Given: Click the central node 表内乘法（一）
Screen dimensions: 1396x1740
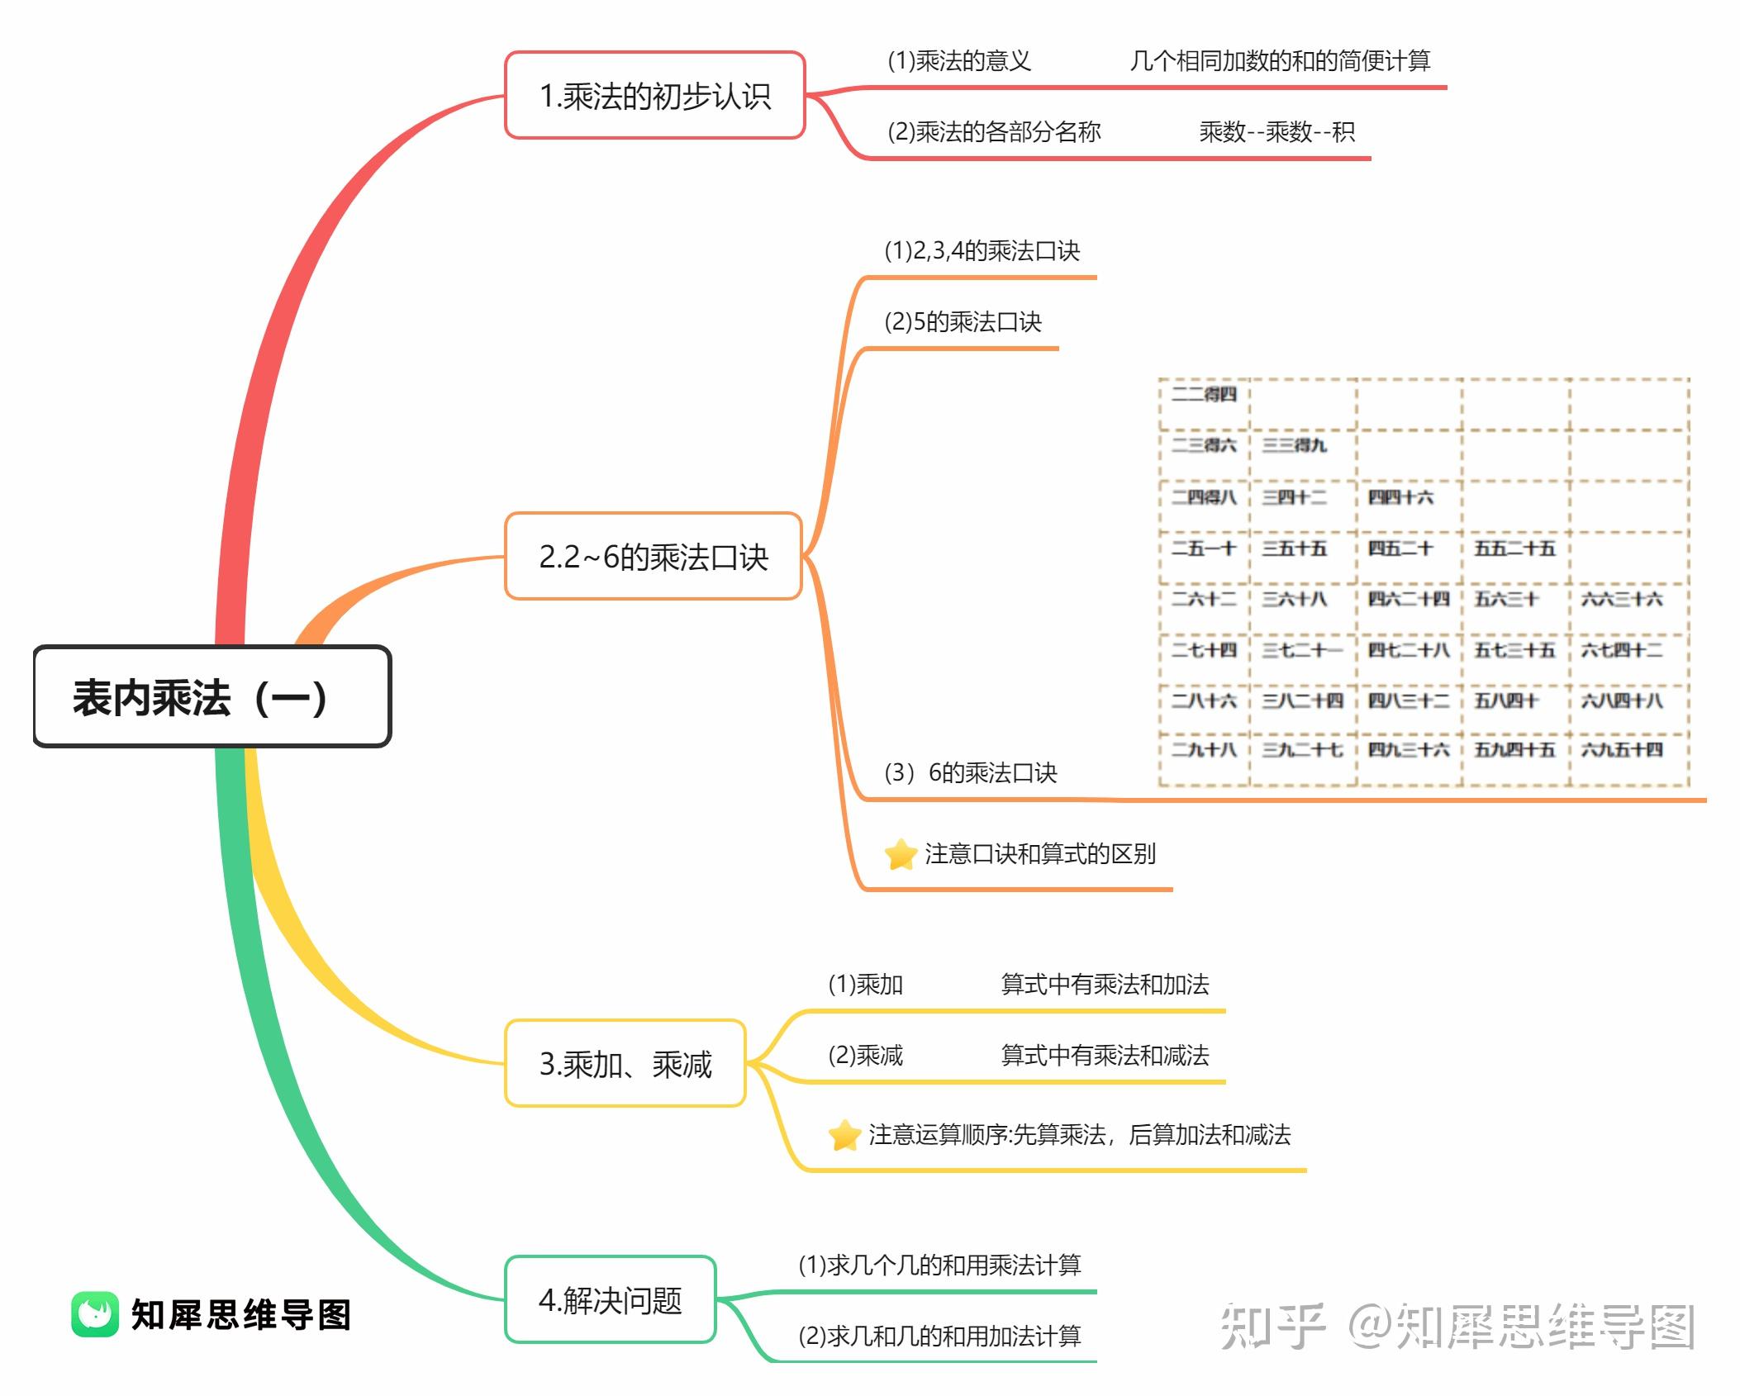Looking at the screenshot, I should [212, 697].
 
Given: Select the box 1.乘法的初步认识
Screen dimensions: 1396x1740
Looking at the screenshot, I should [654, 96].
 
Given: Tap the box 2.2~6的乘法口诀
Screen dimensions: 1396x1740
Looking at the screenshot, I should [654, 557].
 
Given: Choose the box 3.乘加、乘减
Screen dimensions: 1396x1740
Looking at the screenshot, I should [625, 1064].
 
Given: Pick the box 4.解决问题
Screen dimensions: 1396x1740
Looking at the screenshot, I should [611, 1300].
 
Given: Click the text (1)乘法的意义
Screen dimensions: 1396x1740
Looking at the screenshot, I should [958, 60].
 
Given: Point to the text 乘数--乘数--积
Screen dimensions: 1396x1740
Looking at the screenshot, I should [1276, 131].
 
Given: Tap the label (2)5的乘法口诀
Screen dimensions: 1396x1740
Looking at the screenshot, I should [963, 321].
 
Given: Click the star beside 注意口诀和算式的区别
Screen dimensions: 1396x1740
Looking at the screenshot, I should [901, 854].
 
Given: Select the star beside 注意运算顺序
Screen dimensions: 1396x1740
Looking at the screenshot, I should [844, 1135].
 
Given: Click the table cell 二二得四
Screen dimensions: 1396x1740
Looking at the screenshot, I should [1204, 394].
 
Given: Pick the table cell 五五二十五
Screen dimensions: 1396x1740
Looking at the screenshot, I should [1514, 548].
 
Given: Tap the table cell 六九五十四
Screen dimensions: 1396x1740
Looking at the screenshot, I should [1621, 750].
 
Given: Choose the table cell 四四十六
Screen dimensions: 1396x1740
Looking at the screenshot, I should [1400, 497].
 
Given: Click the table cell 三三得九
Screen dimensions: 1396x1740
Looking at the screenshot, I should [1294, 445].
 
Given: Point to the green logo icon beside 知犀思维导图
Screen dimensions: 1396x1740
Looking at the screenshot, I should [95, 1314].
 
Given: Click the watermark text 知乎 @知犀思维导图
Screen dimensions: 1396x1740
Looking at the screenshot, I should [1457, 1325].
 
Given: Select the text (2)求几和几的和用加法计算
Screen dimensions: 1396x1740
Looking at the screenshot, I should [939, 1336].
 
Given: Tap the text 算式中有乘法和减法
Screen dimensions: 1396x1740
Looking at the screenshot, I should [1105, 1055].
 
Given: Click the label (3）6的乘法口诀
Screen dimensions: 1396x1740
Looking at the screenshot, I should [970, 772].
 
